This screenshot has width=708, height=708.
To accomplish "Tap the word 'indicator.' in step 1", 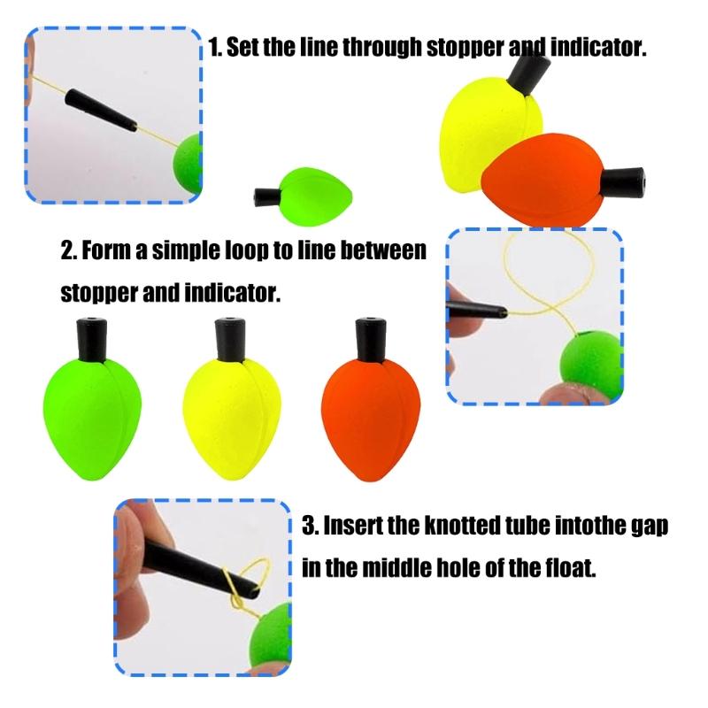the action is [x=599, y=47].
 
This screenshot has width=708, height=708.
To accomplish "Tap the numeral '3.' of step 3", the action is [x=311, y=526].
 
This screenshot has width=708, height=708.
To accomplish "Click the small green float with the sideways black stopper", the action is [x=304, y=196].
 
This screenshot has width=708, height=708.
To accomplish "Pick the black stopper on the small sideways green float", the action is [x=267, y=196].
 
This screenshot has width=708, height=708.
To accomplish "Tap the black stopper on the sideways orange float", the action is [x=623, y=181].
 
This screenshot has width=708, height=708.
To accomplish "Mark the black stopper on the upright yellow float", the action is [x=230, y=340].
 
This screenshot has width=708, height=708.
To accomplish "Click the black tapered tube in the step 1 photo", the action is [x=101, y=110].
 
